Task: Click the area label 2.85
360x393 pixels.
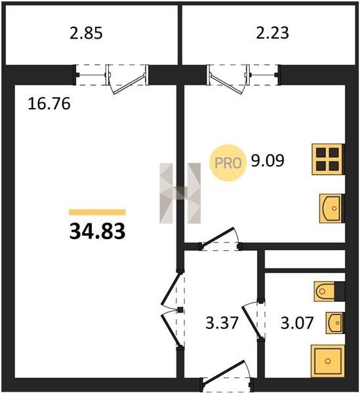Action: tap(86, 33)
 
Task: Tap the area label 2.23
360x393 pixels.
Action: tap(272, 33)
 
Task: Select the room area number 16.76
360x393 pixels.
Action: tap(49, 103)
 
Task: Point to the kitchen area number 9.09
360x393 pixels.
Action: tap(268, 160)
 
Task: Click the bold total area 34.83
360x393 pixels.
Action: tap(97, 232)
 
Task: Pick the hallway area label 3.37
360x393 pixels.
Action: tap(222, 323)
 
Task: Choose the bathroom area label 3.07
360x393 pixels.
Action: tap(297, 323)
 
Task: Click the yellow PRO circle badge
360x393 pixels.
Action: tap(228, 163)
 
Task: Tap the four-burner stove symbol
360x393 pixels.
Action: tap(328, 159)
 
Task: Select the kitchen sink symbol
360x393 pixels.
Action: tap(332, 208)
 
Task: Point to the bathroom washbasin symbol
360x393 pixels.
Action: tap(335, 323)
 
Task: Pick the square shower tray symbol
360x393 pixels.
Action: tap(328, 361)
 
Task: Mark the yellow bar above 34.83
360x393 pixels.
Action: tap(97, 212)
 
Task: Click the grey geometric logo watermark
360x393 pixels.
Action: tap(180, 193)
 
